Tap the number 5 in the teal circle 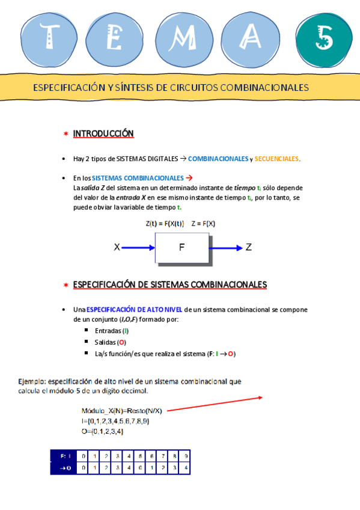pos(325,40)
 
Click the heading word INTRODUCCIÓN pos(103,134)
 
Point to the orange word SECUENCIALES pos(276,159)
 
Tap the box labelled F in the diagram pos(182,247)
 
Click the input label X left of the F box pos(117,247)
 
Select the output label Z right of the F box pos(249,247)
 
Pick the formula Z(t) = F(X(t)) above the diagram pos(164,224)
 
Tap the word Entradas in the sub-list pos(108,331)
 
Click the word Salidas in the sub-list pos(105,342)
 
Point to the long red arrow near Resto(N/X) pos(214,404)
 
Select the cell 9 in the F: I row pos(186,456)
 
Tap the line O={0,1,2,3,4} pos(103,431)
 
